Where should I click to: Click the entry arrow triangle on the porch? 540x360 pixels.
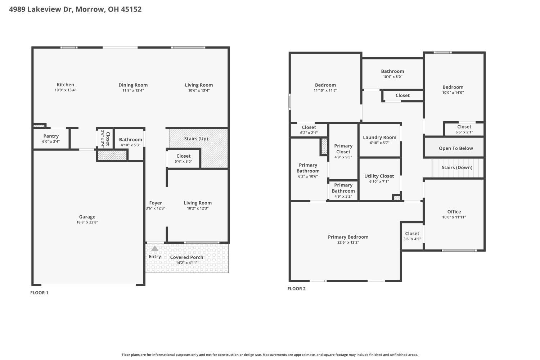click(155, 248)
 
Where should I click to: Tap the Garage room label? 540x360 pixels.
click(87, 217)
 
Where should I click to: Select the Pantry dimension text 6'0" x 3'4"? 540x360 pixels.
click(51, 141)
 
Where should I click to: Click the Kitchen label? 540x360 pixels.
click(65, 85)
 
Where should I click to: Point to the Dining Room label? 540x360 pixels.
click(133, 85)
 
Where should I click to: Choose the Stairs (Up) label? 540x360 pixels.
click(196, 139)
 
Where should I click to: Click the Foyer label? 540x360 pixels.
click(156, 203)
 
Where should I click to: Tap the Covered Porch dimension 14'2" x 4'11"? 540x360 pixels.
click(186, 262)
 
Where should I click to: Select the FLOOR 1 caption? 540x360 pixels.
click(39, 293)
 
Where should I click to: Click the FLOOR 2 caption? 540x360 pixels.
click(297, 289)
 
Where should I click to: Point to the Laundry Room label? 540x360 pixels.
click(380, 138)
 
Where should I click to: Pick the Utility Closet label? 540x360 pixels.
click(379, 176)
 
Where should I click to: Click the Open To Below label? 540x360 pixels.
click(456, 148)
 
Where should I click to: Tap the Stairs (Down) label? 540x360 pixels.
click(457, 168)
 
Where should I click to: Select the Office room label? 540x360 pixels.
click(454, 212)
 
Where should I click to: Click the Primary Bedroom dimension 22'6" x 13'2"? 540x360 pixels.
click(348, 242)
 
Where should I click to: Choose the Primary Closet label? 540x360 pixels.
click(343, 149)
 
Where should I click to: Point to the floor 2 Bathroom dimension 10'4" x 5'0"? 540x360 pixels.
click(392, 77)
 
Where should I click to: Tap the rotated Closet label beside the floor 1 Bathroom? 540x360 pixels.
click(108, 139)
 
